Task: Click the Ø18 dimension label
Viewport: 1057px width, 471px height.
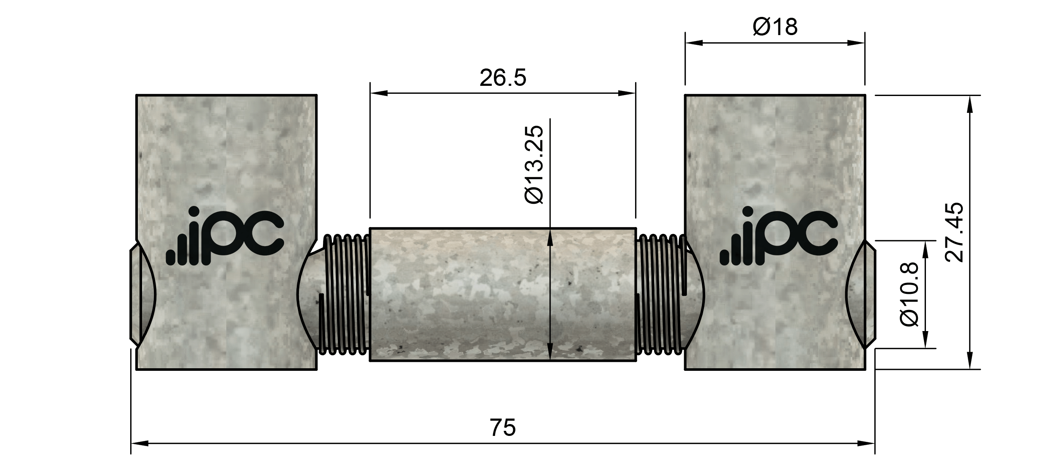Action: (775, 27)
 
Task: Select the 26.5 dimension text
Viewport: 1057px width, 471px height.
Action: (503, 78)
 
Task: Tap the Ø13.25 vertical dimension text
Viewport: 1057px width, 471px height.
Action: (533, 165)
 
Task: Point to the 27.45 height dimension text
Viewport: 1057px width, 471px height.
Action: (955, 233)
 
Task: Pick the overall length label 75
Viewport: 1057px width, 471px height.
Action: (503, 427)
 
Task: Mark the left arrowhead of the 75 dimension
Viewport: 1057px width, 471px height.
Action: (140, 444)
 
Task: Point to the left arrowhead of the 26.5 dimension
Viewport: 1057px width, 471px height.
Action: (379, 93)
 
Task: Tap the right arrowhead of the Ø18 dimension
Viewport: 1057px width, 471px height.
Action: (856, 43)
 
